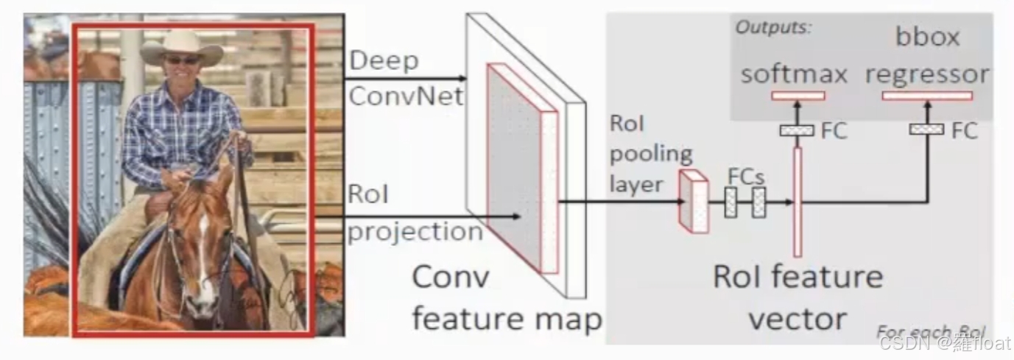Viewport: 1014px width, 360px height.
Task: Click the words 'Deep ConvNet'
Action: point(406,78)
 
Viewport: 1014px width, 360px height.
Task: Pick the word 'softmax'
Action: point(794,74)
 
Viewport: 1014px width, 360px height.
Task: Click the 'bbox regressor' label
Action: point(927,56)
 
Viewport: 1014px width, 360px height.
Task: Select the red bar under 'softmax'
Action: point(798,96)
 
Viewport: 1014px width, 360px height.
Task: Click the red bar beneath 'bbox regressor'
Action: point(927,96)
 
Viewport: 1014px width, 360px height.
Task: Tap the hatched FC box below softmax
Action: point(796,130)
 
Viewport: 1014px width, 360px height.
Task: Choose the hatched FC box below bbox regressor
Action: point(926,129)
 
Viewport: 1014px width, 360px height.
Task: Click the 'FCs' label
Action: point(746,177)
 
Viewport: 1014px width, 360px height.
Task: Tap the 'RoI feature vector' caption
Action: point(798,297)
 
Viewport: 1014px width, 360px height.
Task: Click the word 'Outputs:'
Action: point(773,28)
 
